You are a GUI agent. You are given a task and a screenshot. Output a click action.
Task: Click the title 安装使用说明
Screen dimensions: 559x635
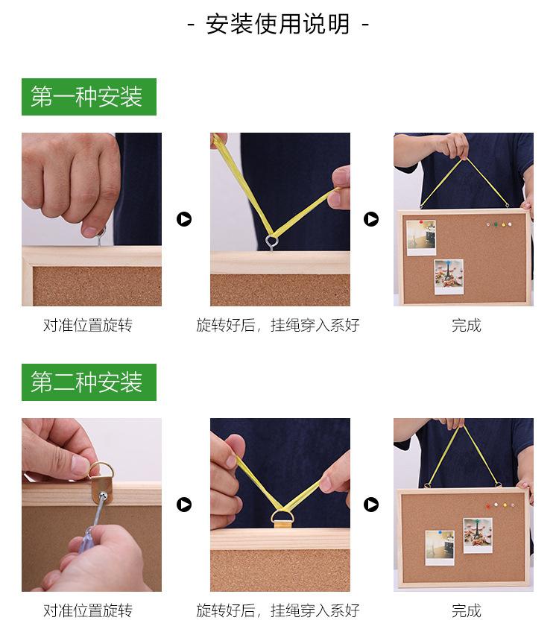click(x=278, y=24)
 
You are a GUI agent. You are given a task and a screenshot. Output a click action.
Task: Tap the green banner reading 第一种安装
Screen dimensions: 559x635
click(x=89, y=97)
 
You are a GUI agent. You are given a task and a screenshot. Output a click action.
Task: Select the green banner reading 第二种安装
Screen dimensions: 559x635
click(x=89, y=382)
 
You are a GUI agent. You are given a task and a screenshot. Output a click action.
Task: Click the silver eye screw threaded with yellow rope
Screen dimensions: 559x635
click(x=272, y=242)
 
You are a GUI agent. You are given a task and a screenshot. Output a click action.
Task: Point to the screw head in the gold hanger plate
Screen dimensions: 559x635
click(x=104, y=496)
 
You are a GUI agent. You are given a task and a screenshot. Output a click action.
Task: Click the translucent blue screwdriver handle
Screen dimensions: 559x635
click(x=86, y=540)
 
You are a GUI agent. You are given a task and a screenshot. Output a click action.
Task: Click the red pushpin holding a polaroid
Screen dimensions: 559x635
click(x=421, y=222)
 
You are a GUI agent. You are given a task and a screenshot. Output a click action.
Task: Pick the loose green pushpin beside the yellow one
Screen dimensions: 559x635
click(x=496, y=224)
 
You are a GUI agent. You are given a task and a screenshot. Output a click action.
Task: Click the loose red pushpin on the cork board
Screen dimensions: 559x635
click(x=488, y=506)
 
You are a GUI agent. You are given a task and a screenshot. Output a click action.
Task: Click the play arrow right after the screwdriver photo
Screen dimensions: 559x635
click(x=184, y=505)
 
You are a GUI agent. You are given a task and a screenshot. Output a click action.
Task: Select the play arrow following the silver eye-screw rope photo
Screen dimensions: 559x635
click(x=371, y=219)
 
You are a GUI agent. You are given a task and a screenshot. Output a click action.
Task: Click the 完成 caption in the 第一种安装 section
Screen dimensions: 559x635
click(x=467, y=325)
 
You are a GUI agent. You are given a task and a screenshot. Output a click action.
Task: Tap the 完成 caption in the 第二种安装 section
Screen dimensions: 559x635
click(x=467, y=610)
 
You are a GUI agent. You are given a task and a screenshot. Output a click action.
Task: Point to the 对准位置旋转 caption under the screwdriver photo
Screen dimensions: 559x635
click(x=88, y=610)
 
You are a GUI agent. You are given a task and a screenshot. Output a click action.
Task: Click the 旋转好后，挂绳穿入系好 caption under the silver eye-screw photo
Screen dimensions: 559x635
click(x=278, y=325)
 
